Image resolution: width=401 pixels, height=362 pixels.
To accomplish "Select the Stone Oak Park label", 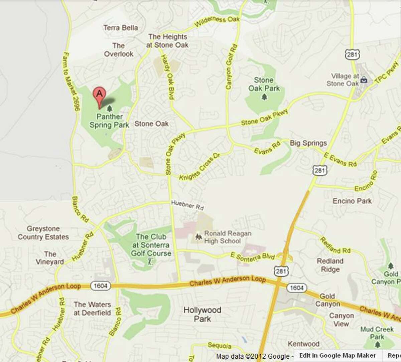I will coord(264,84).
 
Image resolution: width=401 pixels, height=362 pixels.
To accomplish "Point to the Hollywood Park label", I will coord(202,314).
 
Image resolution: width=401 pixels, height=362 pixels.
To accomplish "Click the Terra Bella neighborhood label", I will coord(121,28).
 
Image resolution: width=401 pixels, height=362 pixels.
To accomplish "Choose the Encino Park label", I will coord(352,201).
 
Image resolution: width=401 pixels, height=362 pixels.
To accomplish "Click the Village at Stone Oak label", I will coord(345,80).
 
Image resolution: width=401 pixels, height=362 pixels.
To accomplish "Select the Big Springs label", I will coord(308,143).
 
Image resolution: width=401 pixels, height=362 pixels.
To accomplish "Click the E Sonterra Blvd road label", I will coord(253,256).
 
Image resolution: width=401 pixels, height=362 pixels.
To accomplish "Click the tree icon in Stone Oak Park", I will coord(264,97).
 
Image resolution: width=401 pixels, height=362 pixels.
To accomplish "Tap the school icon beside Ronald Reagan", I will coord(198,237).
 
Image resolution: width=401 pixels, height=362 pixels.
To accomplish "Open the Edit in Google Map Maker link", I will coord(337,356).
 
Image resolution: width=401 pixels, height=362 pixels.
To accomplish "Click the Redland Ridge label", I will coord(330,265).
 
